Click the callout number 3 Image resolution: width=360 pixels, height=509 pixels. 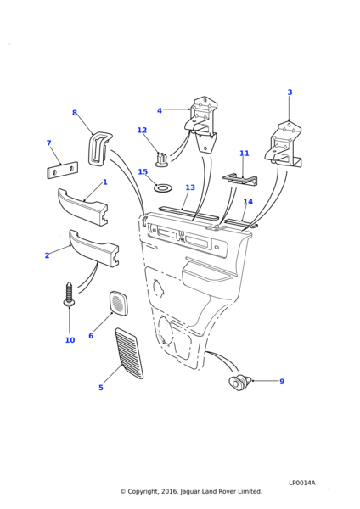coord(290,92)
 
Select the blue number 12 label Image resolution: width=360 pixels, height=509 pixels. coord(142,130)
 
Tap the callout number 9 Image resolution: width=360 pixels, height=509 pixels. coord(282,382)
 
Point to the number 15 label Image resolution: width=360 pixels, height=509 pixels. coord(143,171)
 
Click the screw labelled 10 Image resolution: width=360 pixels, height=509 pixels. coord(70,294)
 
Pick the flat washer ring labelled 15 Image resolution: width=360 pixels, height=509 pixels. coord(163,187)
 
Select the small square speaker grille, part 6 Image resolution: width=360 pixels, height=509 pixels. coord(118,304)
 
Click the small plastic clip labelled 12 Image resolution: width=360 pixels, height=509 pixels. coord(161,159)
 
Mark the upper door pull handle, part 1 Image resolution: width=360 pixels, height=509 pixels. coord(83,207)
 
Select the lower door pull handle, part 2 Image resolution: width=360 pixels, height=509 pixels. coord(94,248)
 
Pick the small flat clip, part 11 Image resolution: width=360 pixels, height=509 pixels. coord(240,180)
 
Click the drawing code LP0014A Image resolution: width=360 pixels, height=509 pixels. coord(302,483)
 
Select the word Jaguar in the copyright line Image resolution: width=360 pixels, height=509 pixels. coord(191,491)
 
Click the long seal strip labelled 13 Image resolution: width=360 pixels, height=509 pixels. coord(188,213)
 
